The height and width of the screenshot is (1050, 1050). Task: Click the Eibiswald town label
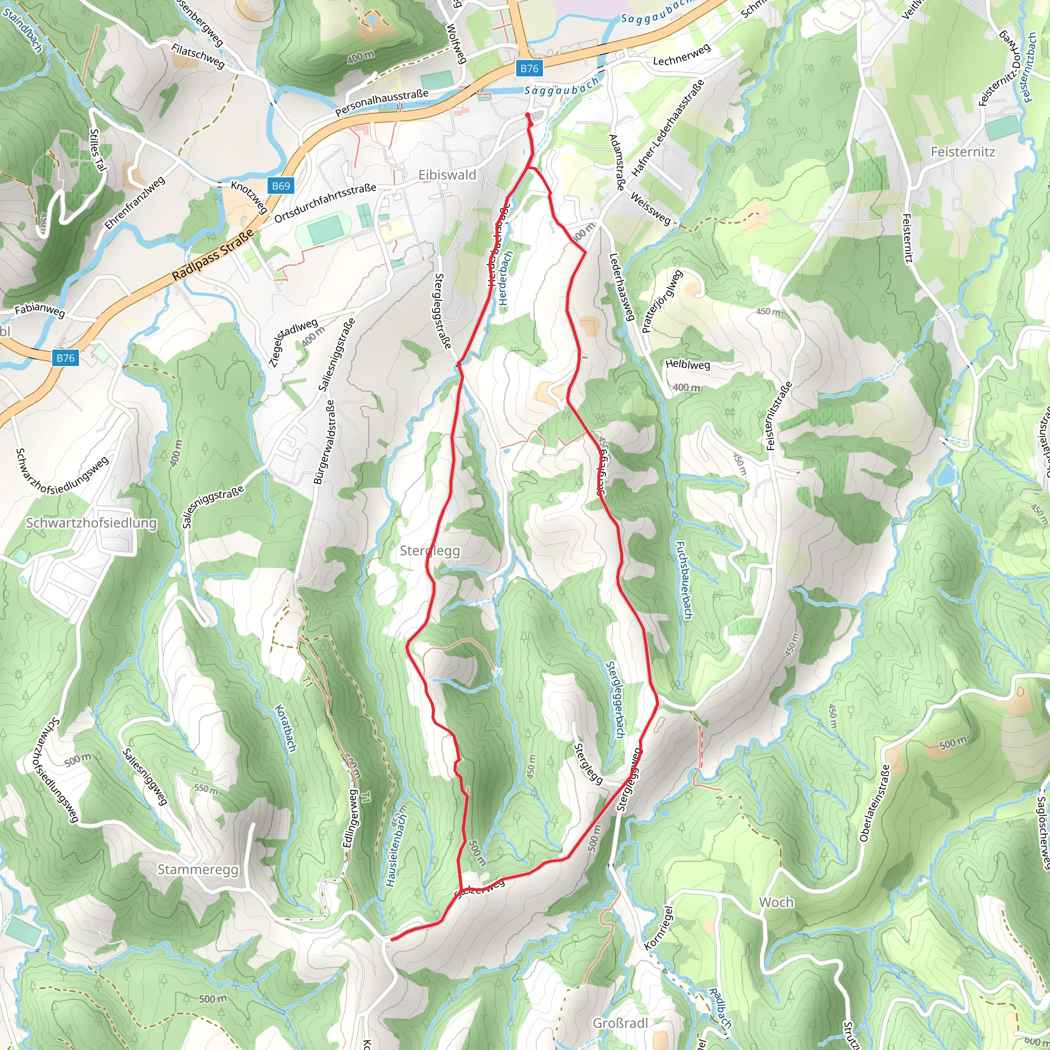[447, 175]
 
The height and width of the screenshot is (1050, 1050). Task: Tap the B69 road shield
[280, 186]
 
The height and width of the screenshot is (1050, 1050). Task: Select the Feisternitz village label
[962, 152]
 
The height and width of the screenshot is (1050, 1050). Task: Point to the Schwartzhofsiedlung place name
[91, 523]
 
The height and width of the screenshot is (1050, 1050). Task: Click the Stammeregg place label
[198, 870]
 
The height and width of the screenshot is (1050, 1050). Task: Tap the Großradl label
[620, 1023]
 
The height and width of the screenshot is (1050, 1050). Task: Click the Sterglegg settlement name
[429, 551]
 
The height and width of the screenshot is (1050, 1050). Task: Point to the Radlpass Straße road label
[213, 254]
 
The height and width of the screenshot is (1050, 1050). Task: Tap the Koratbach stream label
[286, 728]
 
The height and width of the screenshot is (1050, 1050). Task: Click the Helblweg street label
[688, 365]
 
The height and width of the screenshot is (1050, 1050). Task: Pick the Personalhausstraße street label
[381, 103]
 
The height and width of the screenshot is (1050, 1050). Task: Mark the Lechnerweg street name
[681, 55]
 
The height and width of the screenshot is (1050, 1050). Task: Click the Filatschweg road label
[198, 56]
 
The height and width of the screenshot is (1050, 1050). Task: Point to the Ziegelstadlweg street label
[294, 342]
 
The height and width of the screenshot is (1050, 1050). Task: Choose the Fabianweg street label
[39, 310]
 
